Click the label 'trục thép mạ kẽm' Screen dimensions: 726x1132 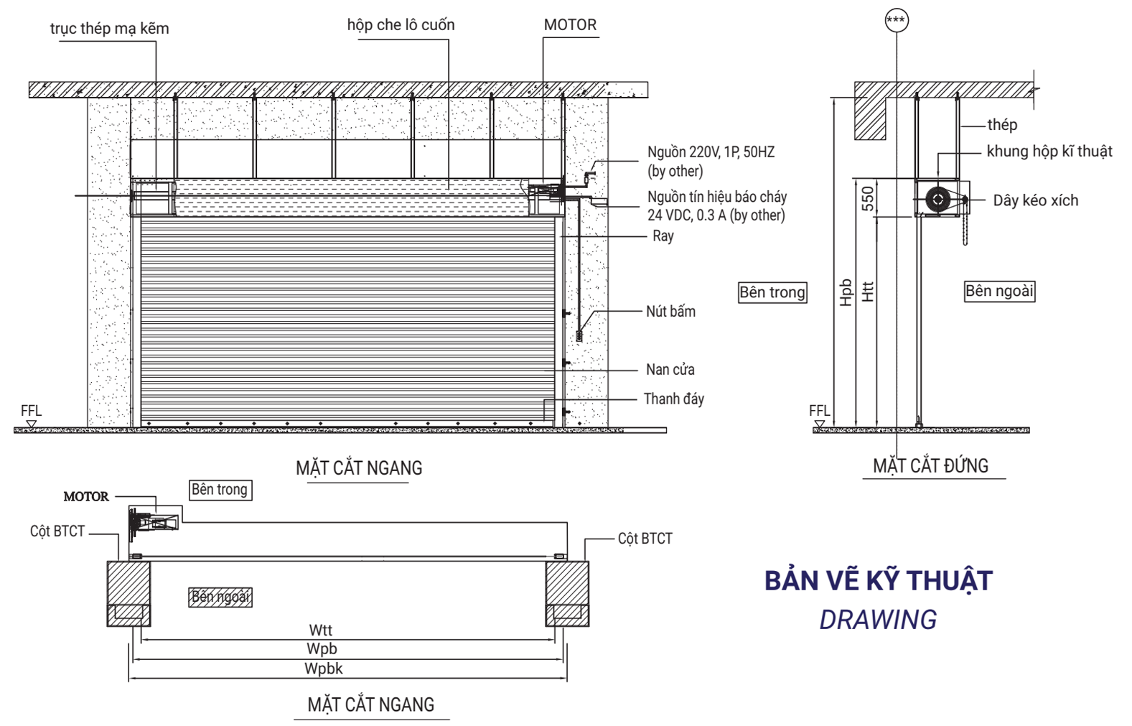pyautogui.click(x=109, y=29)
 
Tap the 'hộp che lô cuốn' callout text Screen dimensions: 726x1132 pyautogui.click(x=401, y=25)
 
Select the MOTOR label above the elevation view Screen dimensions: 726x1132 pyautogui.click(x=570, y=25)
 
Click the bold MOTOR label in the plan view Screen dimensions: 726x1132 pyautogui.click(x=86, y=496)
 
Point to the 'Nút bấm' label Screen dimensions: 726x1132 pyautogui.click(x=670, y=312)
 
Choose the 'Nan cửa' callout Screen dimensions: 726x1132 pyautogui.click(x=670, y=370)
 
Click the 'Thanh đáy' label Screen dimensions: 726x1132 pyautogui.click(x=673, y=399)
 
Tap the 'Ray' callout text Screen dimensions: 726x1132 pyautogui.click(x=663, y=236)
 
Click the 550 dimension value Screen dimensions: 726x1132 pyautogui.click(x=868, y=199)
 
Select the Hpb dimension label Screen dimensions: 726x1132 pyautogui.click(x=846, y=292)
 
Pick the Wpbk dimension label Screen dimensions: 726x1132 pyautogui.click(x=323, y=669)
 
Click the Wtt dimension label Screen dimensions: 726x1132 pyautogui.click(x=320, y=630)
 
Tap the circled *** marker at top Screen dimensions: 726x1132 pyautogui.click(x=896, y=20)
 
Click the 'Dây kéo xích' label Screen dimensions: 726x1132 pyautogui.click(x=1035, y=201)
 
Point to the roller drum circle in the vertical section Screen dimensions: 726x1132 pyautogui.click(x=937, y=200)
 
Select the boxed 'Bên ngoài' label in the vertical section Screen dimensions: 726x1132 pyautogui.click(x=999, y=291)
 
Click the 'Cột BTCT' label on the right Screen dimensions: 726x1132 pyautogui.click(x=645, y=539)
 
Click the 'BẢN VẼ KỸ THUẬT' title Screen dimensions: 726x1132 pyautogui.click(x=878, y=580)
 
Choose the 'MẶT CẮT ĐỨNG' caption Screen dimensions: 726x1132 pyautogui.click(x=930, y=466)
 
